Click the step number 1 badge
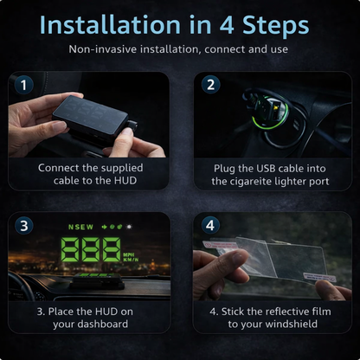click(25, 85)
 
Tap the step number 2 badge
click(209, 85)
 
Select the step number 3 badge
click(25, 225)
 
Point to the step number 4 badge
click(209, 225)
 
